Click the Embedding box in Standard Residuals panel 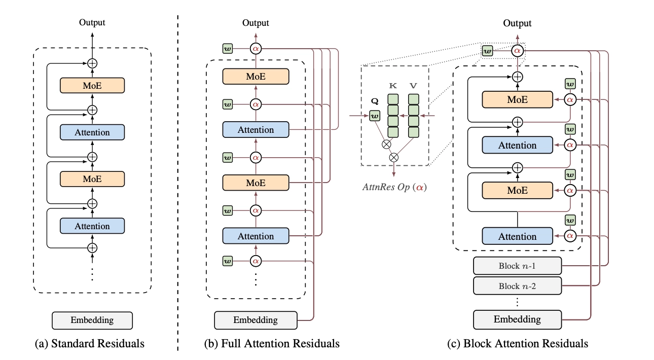(92, 320)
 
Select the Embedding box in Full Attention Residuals (255, 320)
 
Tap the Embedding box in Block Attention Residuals (517, 319)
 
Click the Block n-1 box (517, 266)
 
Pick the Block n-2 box (517, 286)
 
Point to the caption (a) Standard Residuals (89, 344)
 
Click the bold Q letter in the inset (375, 100)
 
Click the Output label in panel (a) (92, 22)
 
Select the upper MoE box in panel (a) (92, 86)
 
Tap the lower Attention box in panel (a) (92, 226)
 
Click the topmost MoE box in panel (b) (256, 77)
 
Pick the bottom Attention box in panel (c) (517, 236)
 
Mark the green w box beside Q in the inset (375, 117)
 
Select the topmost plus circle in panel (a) (92, 64)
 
